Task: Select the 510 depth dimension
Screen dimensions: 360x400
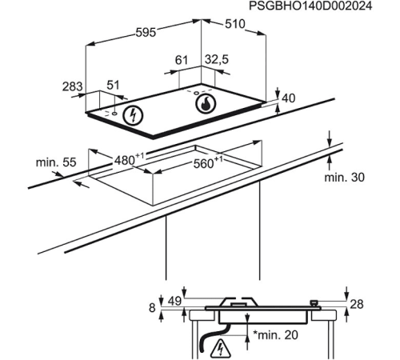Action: tap(234, 25)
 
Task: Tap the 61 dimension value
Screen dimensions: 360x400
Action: tap(181, 59)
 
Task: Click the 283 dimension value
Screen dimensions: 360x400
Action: tap(73, 86)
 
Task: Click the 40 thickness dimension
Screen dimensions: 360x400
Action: tap(289, 98)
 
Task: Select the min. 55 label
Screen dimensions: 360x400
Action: tap(55, 162)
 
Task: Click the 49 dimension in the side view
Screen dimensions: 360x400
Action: tap(174, 302)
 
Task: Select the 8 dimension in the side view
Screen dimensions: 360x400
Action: tap(152, 306)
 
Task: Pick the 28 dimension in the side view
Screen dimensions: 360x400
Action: tap(357, 302)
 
